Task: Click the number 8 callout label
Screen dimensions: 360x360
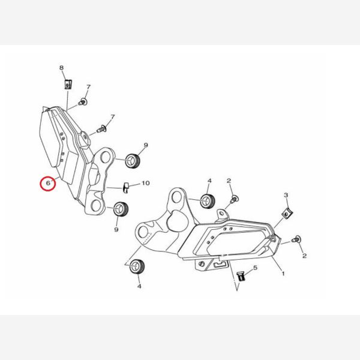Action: click(61, 68)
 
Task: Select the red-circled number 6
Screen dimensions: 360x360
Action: click(48, 183)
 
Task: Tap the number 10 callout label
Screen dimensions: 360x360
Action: click(146, 183)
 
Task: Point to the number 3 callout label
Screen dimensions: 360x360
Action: click(286, 195)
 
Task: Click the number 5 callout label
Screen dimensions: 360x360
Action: click(256, 268)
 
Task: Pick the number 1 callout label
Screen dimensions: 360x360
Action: click(283, 274)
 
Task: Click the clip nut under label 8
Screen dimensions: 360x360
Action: click(68, 84)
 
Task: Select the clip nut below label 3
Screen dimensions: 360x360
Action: click(287, 214)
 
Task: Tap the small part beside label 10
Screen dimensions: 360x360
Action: click(125, 188)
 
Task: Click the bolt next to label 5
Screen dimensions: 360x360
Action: click(241, 276)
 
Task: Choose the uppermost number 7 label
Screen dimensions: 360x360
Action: click(88, 87)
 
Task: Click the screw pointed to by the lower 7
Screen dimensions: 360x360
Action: click(101, 129)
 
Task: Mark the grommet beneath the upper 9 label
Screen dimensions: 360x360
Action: click(133, 160)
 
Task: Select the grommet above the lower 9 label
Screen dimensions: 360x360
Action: click(121, 209)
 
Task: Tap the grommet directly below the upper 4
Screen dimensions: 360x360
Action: click(208, 201)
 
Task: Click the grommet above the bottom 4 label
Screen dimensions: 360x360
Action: click(137, 266)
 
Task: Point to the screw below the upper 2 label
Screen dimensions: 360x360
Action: click(234, 199)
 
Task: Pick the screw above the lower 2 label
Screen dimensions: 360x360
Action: click(296, 239)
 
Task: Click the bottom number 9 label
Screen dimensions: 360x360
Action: click(116, 229)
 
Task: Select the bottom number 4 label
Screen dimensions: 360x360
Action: click(139, 286)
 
